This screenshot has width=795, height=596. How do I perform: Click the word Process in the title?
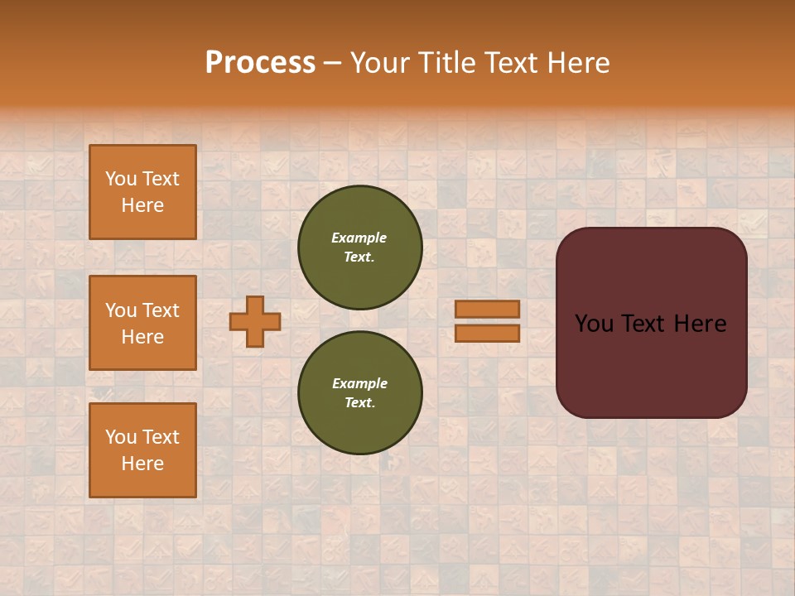(x=260, y=63)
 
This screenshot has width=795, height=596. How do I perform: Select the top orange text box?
(x=142, y=192)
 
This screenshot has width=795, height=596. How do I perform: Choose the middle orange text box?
(x=142, y=323)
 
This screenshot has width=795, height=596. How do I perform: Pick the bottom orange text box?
(x=142, y=450)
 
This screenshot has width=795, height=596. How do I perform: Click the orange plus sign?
(x=255, y=321)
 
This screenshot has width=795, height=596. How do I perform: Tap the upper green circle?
(x=360, y=248)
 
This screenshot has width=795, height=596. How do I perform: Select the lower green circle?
(x=360, y=393)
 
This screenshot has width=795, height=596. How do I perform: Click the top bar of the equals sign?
(x=487, y=309)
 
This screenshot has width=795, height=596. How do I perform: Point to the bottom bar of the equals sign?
(x=487, y=333)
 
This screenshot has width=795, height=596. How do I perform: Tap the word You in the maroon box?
(x=593, y=324)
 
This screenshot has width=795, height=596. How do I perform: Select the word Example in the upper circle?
(x=359, y=238)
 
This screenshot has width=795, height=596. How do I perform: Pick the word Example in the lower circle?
(x=359, y=383)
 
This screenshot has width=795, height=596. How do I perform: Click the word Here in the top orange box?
(x=142, y=205)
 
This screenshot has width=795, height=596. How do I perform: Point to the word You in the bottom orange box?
(x=120, y=437)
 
